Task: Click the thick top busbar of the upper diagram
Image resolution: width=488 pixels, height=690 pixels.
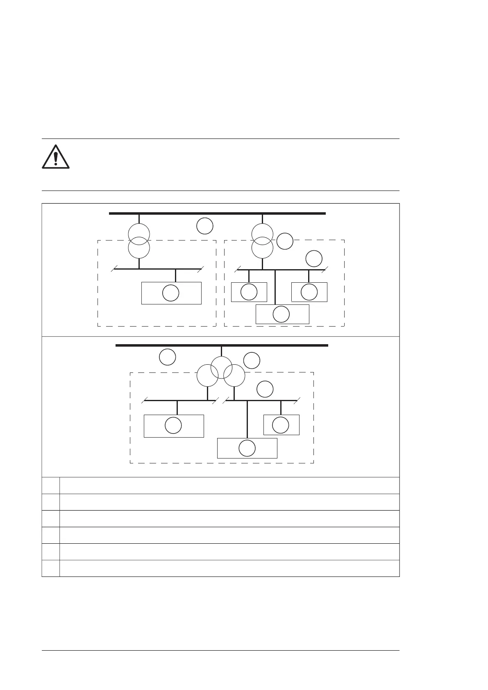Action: coord(217,213)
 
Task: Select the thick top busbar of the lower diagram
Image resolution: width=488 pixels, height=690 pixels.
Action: coord(222,345)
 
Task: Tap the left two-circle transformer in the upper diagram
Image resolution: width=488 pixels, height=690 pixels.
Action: coord(139,241)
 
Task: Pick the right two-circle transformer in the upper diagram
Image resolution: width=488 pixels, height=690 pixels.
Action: coord(262,241)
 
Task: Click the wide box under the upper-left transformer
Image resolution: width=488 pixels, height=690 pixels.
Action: coord(171,293)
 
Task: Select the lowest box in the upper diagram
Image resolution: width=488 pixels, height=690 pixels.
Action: coord(282,314)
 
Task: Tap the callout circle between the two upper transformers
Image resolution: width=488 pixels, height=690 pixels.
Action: coord(205,227)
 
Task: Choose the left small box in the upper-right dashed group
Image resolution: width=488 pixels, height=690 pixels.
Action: coord(249,292)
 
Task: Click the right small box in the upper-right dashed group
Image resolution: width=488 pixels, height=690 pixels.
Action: coord(309,292)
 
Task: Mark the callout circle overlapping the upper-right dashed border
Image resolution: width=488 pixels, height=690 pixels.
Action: coord(285,241)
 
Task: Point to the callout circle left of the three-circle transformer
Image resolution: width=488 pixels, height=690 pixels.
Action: coord(168,357)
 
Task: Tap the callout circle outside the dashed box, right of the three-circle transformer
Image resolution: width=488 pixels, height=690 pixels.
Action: coord(252,361)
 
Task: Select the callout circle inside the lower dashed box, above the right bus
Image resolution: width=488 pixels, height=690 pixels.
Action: coord(265,389)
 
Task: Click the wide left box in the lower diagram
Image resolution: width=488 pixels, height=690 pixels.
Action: coord(174,426)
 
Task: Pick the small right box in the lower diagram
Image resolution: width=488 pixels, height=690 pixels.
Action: coord(281,425)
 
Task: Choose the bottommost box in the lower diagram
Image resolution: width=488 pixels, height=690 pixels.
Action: coord(247,448)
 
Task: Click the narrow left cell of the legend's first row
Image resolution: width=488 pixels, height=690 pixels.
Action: coord(51,486)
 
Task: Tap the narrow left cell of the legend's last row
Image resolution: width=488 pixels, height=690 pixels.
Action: coord(51,568)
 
